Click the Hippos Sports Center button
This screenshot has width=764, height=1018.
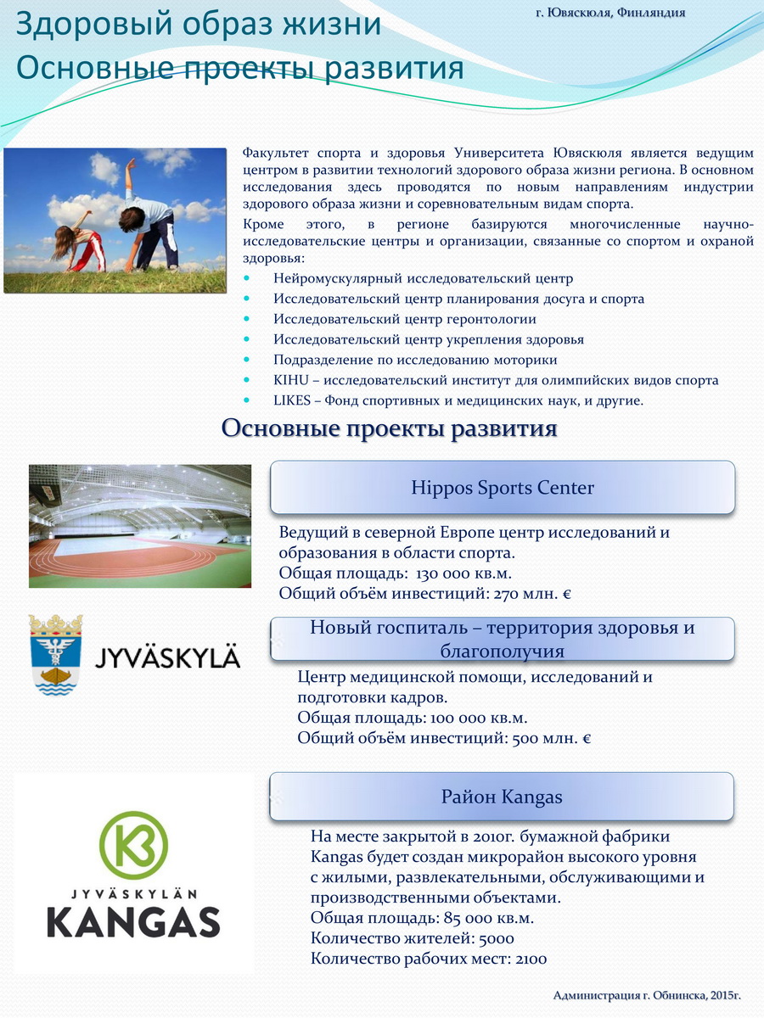[x=503, y=488]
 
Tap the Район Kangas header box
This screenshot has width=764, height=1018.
[x=503, y=797]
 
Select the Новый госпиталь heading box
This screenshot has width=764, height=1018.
[x=503, y=639]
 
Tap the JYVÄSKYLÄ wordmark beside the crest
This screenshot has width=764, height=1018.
[x=166, y=657]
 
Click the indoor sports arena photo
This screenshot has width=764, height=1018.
[x=140, y=525]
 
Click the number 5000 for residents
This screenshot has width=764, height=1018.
[x=497, y=939]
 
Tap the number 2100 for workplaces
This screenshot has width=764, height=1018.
[x=529, y=959]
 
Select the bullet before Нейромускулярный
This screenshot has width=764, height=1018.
[x=248, y=278]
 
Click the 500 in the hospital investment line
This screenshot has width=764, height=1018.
[x=525, y=738]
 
